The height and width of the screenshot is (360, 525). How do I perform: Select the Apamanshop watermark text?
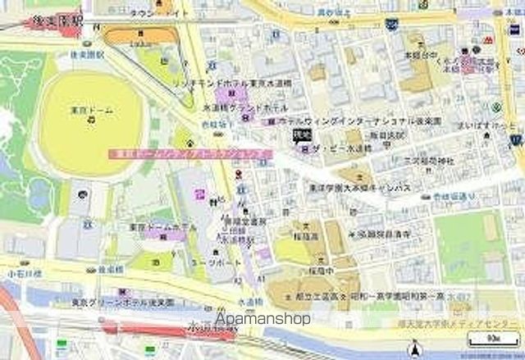[262, 318]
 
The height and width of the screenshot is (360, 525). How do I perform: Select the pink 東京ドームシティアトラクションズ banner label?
[189, 153]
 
